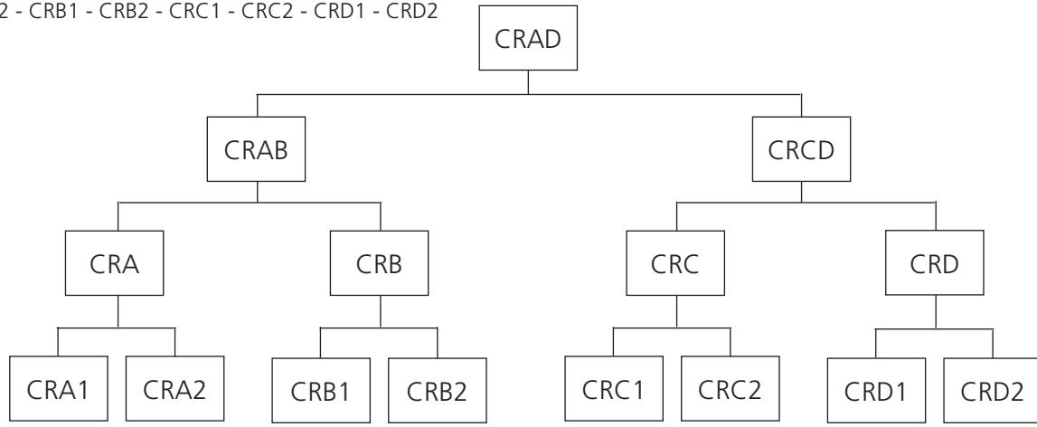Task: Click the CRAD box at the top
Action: pyautogui.click(x=528, y=38)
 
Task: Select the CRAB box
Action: pyautogui.click(x=256, y=149)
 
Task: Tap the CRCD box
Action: pyautogui.click(x=801, y=149)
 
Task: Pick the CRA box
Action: pyautogui.click(x=114, y=263)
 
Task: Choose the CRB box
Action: pyautogui.click(x=379, y=263)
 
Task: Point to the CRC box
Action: pyautogui.click(x=675, y=263)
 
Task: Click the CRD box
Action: pyautogui.click(x=935, y=263)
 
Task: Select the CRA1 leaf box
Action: pyautogui.click(x=58, y=389)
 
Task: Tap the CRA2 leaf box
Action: pyautogui.click(x=174, y=389)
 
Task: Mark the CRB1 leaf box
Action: pyautogui.click(x=321, y=391)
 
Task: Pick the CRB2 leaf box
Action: pyautogui.click(x=438, y=391)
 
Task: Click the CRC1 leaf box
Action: pyautogui.click(x=614, y=389)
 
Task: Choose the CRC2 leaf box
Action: pyautogui.click(x=731, y=389)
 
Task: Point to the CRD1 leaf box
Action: pyautogui.click(x=876, y=391)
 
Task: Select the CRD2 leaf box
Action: pyautogui.click(x=990, y=391)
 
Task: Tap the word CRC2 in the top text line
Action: pyautogui.click(x=268, y=12)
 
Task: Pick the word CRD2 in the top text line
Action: pyautogui.click(x=411, y=12)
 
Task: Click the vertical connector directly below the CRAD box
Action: pyautogui.click(x=528, y=82)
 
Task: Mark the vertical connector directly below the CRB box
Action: pyautogui.click(x=381, y=311)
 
